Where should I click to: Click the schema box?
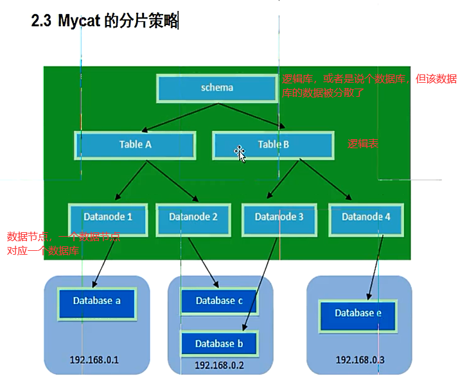[x=217, y=88]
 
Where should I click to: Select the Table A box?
[x=136, y=145]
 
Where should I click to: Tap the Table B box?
[x=273, y=145]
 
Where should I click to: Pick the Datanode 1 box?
[x=108, y=217]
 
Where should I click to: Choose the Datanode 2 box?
[x=193, y=217]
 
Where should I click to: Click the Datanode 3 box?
[x=279, y=217]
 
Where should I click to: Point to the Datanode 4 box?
[x=366, y=217]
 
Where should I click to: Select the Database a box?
[x=96, y=301]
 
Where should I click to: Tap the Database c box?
[x=219, y=301]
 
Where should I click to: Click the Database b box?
[x=219, y=344]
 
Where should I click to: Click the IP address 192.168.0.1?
[x=94, y=360]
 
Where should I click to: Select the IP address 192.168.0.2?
[x=218, y=365]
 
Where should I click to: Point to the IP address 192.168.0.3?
[x=360, y=360]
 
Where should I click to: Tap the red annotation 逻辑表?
[x=363, y=144]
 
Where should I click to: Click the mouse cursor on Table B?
[x=240, y=153]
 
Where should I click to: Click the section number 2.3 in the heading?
[x=42, y=21]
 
